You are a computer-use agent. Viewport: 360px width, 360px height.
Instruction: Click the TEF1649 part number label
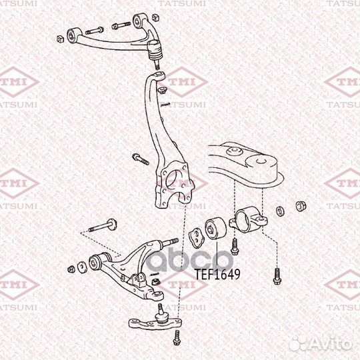tap(217, 274)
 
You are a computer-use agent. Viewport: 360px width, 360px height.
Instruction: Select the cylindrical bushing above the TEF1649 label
tap(215, 229)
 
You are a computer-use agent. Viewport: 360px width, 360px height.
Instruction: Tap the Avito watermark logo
tap(321, 344)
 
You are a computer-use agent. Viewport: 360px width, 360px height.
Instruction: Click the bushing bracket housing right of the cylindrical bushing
tap(248, 219)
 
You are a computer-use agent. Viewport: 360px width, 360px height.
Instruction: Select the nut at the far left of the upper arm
tap(60, 39)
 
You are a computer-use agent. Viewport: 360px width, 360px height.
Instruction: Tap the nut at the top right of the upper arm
tap(156, 17)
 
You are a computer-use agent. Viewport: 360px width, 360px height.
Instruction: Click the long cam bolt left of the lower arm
tap(103, 225)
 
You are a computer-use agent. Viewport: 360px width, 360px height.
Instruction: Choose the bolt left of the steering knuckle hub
tap(141, 159)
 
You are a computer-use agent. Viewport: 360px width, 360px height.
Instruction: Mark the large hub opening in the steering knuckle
tap(175, 179)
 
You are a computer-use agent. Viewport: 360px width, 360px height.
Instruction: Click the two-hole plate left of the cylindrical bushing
tap(196, 237)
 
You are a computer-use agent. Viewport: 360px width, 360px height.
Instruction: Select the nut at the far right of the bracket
tap(301, 206)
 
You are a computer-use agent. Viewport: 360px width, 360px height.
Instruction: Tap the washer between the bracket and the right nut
tap(279, 211)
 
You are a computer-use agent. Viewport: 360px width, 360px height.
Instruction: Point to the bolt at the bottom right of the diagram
tap(277, 276)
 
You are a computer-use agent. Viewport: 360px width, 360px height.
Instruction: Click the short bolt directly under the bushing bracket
tap(234, 247)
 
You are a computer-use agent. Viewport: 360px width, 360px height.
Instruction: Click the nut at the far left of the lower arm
tap(71, 269)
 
